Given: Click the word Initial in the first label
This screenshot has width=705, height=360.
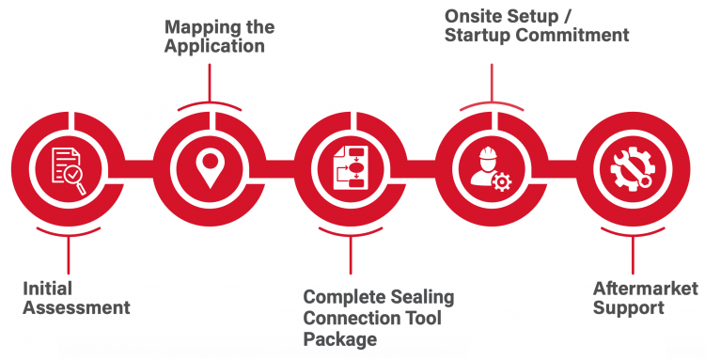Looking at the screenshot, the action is (x=47, y=289).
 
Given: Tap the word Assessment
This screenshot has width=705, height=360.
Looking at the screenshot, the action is (x=77, y=308).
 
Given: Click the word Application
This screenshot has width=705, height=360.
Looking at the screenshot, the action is (x=214, y=47).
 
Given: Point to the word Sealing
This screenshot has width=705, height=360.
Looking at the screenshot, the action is (x=422, y=298).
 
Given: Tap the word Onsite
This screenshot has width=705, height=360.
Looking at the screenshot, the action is (x=473, y=16).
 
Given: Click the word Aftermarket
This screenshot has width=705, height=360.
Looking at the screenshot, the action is (x=646, y=289).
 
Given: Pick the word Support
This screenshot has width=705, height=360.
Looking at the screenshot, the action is (x=629, y=308).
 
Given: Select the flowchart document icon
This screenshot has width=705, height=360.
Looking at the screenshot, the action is (x=351, y=167).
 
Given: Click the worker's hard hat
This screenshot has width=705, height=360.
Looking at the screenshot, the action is (x=487, y=154).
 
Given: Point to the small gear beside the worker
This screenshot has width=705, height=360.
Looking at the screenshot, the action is (x=502, y=182).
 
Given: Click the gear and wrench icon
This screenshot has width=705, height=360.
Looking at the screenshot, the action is (x=633, y=169).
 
